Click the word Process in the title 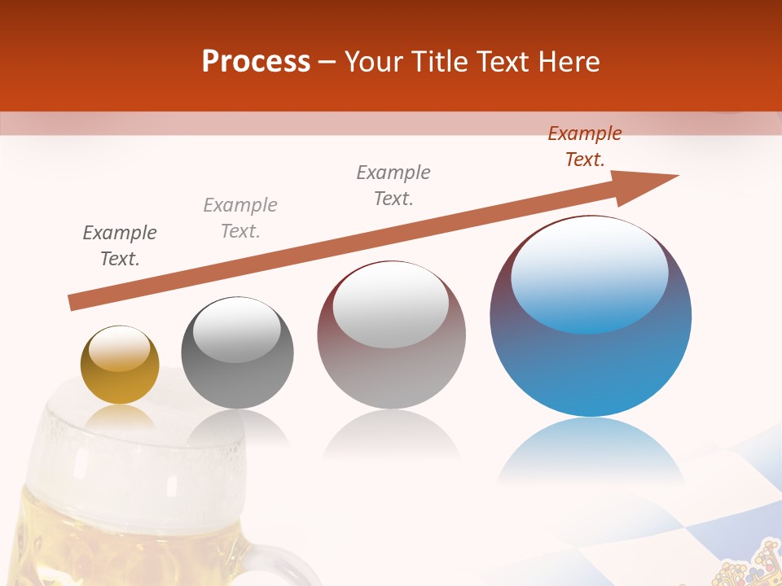tap(256, 61)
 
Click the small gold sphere tap(120, 365)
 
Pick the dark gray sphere tap(237, 353)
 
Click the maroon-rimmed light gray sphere tap(391, 335)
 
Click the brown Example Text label tap(585, 146)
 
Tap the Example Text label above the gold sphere tap(120, 246)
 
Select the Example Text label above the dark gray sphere tap(240, 218)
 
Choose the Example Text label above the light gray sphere tap(393, 186)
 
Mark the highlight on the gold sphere tap(119, 348)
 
